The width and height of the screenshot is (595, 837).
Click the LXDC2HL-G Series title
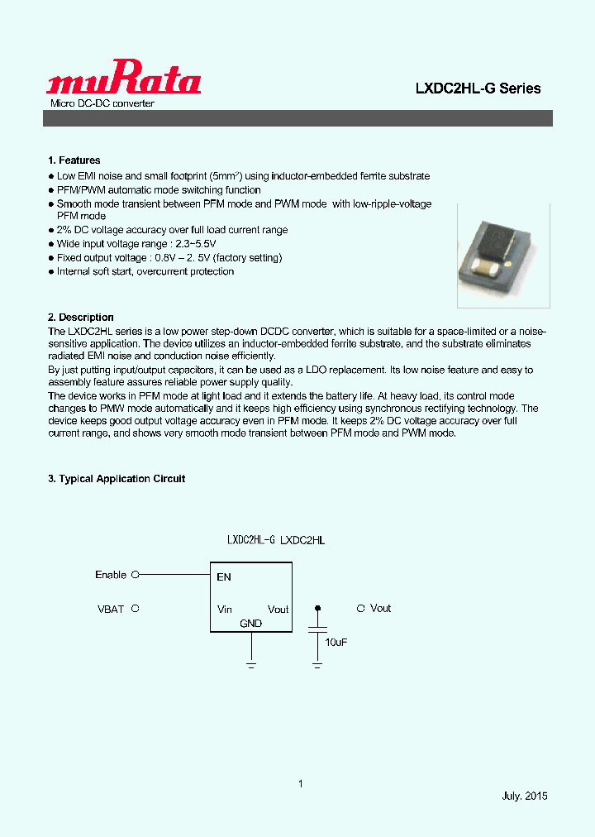coord(478,88)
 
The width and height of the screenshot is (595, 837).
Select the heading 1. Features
coord(74,160)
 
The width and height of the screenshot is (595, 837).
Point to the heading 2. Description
coord(81,318)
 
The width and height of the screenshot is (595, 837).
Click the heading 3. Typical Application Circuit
coord(117,479)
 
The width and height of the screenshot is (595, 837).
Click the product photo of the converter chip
coord(503,252)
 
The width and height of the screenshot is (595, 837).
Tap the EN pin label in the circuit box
coord(224,577)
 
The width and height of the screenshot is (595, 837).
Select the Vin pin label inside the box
coord(225,610)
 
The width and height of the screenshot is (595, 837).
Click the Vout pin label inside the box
coord(278,610)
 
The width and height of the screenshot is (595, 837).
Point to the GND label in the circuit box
coord(250,623)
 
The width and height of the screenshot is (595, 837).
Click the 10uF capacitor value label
coord(336,642)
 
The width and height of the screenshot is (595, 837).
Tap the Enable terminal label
coord(111,575)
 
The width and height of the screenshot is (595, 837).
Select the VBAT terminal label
coord(111,609)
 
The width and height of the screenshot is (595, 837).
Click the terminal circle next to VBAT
coord(136,608)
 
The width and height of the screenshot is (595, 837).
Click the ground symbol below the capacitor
coord(317,663)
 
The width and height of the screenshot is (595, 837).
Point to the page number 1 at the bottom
coord(301,783)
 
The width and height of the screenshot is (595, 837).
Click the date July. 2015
coord(525,796)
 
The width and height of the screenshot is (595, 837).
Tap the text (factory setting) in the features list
coord(245,258)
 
